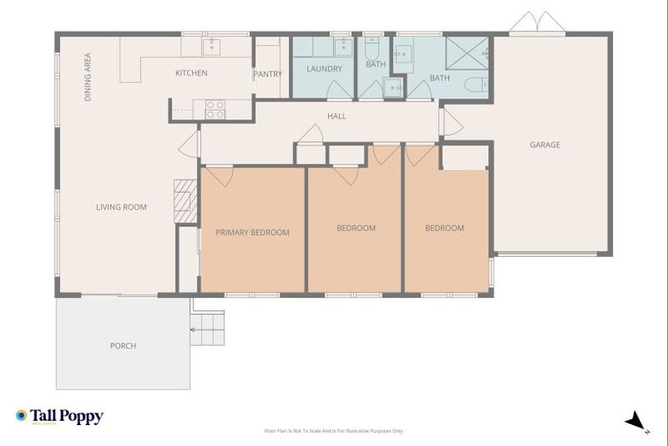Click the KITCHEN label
(191, 73)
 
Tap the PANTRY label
(268, 75)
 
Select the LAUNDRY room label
(324, 69)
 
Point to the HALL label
(337, 116)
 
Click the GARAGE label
(545, 145)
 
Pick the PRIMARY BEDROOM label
(252, 233)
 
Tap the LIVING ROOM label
(121, 207)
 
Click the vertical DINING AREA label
(88, 78)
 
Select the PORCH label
(123, 346)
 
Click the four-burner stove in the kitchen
(214, 109)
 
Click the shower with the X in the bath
(468, 53)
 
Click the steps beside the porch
(208, 329)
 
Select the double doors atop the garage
(537, 23)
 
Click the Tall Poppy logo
(59, 417)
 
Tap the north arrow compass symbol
(638, 422)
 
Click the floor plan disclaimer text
(334, 430)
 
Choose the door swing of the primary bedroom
(219, 176)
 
